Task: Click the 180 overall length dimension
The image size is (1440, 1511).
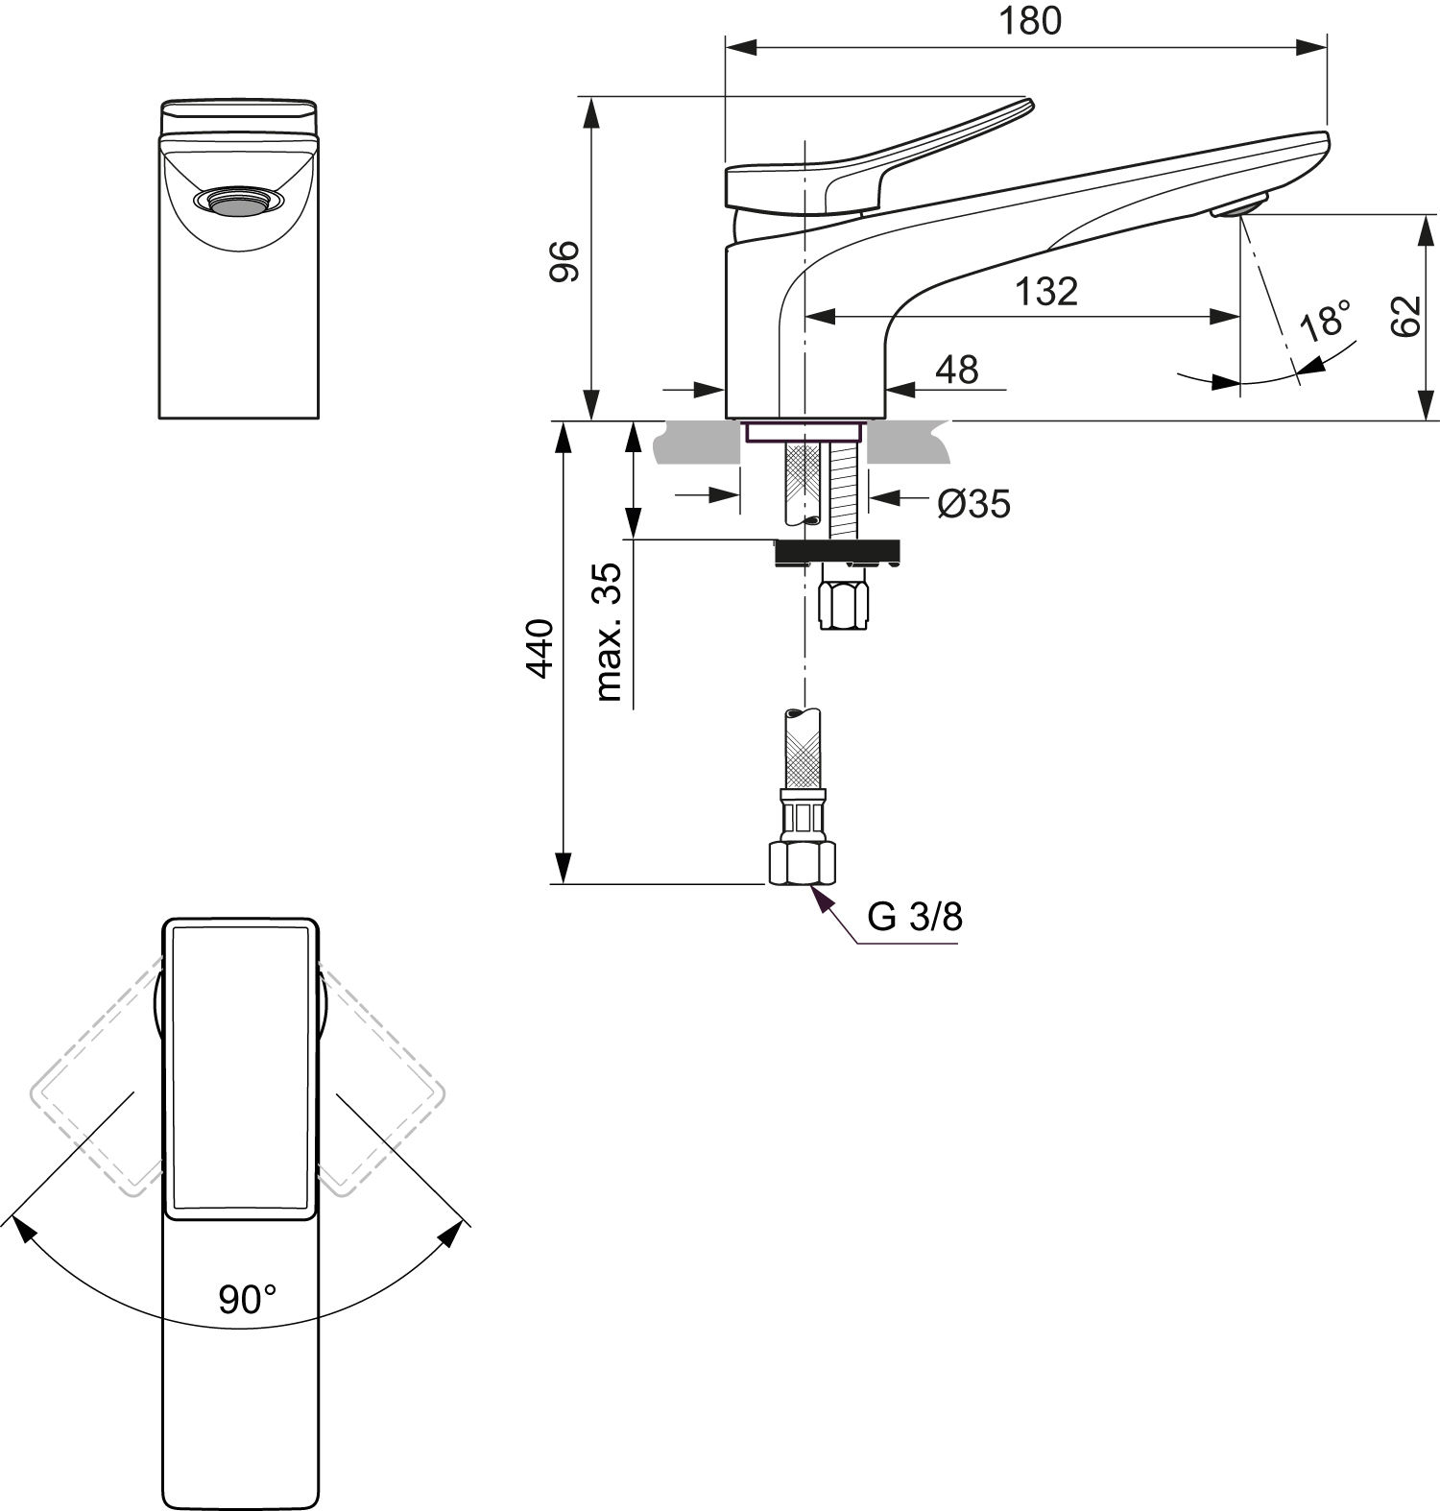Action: (x=1031, y=21)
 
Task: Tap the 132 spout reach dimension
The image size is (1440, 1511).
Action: (x=1046, y=291)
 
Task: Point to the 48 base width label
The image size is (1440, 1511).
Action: (x=955, y=369)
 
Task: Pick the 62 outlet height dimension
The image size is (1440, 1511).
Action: (x=1404, y=316)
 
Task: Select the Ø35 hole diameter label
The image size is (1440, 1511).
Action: (x=973, y=503)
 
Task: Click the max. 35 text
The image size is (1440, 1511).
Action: (x=609, y=632)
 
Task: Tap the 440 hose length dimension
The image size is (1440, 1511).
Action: (x=540, y=649)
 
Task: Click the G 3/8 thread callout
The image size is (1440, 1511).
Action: (x=914, y=918)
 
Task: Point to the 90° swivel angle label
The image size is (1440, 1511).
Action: (x=247, y=1300)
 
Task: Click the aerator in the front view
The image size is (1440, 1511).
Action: (x=238, y=201)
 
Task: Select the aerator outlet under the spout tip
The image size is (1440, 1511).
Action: (x=1240, y=206)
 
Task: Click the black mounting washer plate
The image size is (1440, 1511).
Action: (x=837, y=551)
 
